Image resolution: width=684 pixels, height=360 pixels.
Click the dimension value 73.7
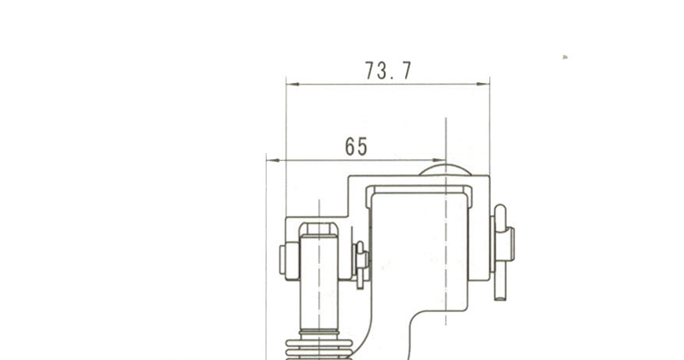[388, 71]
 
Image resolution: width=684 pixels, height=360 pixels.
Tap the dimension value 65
[356, 146]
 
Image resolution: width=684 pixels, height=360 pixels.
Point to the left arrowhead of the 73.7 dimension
[292, 84]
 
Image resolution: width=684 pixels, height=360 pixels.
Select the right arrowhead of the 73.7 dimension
[483, 84]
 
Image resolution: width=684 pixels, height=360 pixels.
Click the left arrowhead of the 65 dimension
[273, 160]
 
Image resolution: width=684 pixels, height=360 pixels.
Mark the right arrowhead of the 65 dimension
[439, 160]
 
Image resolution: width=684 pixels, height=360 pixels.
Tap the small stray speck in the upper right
[565, 56]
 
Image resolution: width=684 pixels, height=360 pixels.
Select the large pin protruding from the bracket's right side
[502, 252]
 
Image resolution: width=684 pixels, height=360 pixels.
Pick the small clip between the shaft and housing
[361, 265]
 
